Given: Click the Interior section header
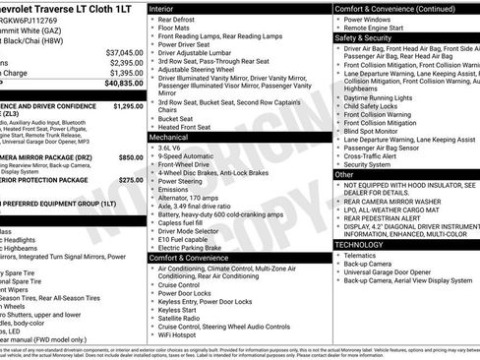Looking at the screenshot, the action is [168, 8].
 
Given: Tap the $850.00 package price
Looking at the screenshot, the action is [130, 156].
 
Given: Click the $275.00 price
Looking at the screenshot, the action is [130, 180].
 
